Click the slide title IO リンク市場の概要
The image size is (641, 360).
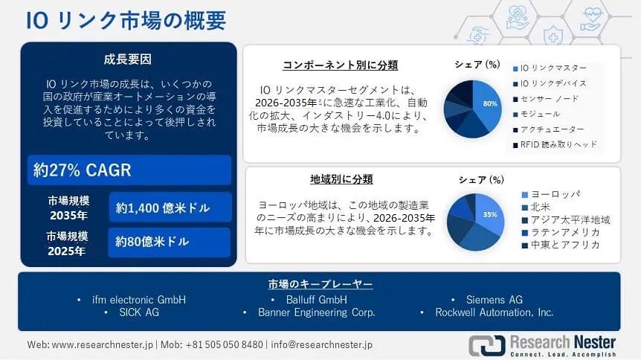(x=126, y=20)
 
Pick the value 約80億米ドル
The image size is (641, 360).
(x=152, y=242)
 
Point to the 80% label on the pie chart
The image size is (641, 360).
(x=490, y=103)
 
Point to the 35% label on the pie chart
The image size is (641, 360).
(x=490, y=214)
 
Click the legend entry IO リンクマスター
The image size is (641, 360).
(x=553, y=68)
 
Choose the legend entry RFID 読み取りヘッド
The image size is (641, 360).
(x=558, y=144)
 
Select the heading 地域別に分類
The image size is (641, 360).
(x=341, y=179)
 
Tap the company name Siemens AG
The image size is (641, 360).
(x=494, y=300)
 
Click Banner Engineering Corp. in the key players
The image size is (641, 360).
(x=316, y=312)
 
